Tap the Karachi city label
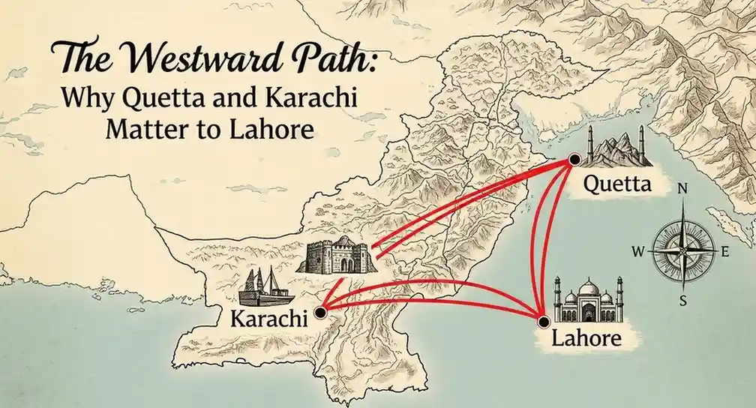[268, 319]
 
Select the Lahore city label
[586, 338]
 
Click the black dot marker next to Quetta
[574, 159]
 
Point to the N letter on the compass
[682, 190]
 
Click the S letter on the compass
[682, 301]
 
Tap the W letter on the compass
[637, 252]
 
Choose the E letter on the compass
[725, 252]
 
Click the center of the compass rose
[682, 248]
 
